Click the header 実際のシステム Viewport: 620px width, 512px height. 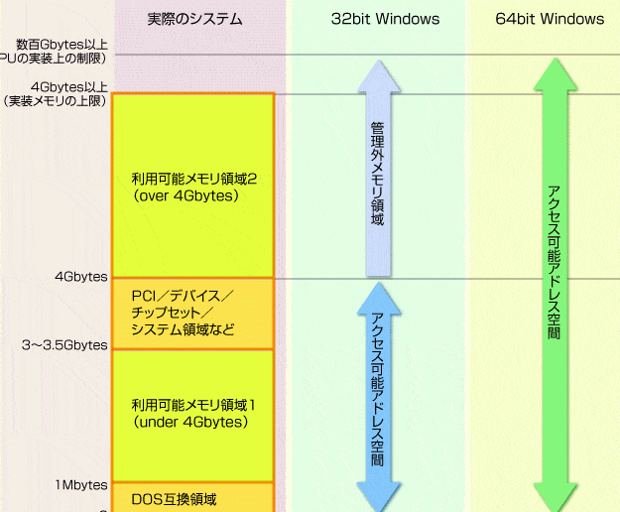(193, 19)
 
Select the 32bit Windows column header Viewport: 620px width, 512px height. (385, 19)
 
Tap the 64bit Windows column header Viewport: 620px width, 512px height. (550, 19)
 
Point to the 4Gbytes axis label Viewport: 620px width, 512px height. (81, 277)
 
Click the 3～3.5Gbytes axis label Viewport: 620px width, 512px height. (64, 345)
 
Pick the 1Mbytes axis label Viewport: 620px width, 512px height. (81, 484)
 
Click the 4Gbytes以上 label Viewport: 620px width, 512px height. (69, 86)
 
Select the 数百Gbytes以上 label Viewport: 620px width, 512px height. (62, 45)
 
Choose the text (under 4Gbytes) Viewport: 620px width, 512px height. (189, 421)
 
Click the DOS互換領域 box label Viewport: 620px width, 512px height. (174, 498)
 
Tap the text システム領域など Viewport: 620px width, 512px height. (183, 329)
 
